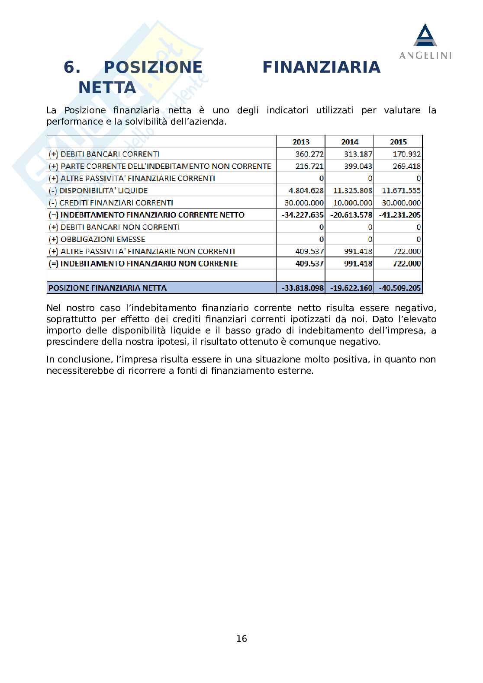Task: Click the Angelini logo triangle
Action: pyautogui.click(x=425, y=35)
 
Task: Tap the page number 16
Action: pyautogui.click(x=241, y=638)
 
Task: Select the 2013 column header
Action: pyautogui.click(x=301, y=142)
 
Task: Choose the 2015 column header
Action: pyautogui.click(x=398, y=142)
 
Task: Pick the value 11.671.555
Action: pyautogui.click(x=401, y=190)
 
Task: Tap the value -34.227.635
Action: pyautogui.click(x=302, y=215)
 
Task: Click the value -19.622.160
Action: pyautogui.click(x=351, y=288)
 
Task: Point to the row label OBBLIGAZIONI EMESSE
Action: pyautogui.click(x=103, y=239)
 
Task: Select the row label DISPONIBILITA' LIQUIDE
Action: pyautogui.click(x=104, y=190)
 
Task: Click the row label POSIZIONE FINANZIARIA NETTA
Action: pyautogui.click(x=108, y=288)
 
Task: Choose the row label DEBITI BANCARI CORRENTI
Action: pyautogui.click(x=110, y=154)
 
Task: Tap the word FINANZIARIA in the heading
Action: pyautogui.click(x=322, y=67)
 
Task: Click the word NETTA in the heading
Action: pyautogui.click(x=107, y=88)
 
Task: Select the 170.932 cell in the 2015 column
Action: pyautogui.click(x=406, y=154)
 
